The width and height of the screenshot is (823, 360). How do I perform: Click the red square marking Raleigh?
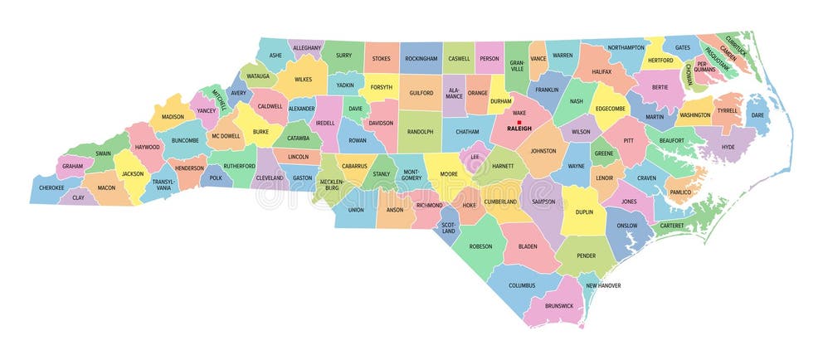(x=519, y=122)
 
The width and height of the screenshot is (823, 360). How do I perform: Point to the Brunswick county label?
(x=559, y=305)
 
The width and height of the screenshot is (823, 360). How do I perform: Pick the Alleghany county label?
(x=307, y=48)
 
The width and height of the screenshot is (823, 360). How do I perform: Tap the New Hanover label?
(x=603, y=285)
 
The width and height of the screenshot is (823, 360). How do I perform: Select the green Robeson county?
(x=480, y=246)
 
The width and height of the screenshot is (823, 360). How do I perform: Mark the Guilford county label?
(x=421, y=93)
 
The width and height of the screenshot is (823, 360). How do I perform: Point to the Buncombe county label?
(x=185, y=140)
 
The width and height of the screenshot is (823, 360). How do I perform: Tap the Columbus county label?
(x=522, y=285)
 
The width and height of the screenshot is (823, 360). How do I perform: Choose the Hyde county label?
(x=728, y=147)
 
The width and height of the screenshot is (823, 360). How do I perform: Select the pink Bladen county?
(x=528, y=246)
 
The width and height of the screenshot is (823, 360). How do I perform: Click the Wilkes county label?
(x=302, y=80)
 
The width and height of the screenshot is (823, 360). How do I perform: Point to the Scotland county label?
(x=448, y=227)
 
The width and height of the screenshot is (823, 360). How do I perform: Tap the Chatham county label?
(x=468, y=131)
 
